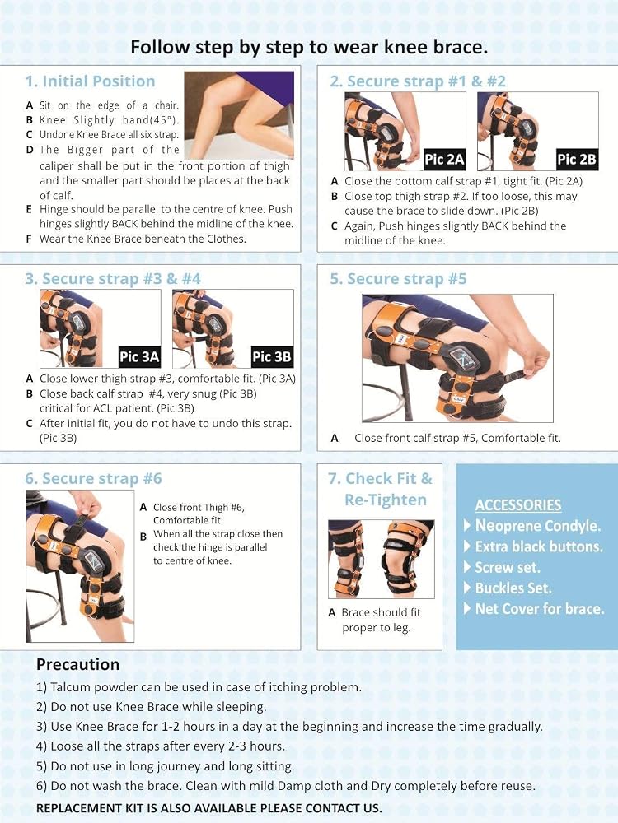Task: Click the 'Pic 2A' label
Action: click(445, 159)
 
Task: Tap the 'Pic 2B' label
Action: click(577, 159)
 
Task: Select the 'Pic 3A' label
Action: click(139, 357)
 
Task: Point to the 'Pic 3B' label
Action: click(272, 357)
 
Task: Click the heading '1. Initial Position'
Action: click(91, 81)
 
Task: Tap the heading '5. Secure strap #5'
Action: click(398, 279)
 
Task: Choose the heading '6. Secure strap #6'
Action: click(94, 478)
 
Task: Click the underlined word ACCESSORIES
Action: click(518, 505)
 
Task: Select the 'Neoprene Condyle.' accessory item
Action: click(537, 526)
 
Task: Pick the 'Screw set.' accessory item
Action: click(508, 567)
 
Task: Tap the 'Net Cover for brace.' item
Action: click(540, 609)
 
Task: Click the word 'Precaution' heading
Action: click(77, 664)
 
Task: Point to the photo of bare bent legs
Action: click(239, 115)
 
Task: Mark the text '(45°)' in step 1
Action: click(166, 119)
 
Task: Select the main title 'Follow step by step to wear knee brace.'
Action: click(309, 47)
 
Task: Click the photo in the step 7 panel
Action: click(382, 559)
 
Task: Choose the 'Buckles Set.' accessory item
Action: click(513, 588)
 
